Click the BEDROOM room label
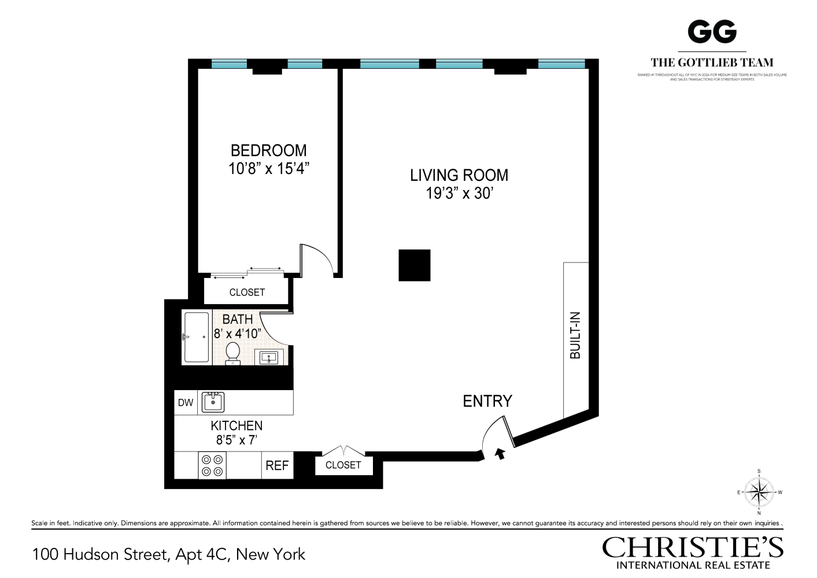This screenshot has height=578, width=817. [x=268, y=151]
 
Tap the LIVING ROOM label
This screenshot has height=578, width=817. [x=459, y=175]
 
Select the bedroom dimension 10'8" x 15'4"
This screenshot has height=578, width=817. [x=269, y=169]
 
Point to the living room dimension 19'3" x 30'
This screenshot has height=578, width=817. [x=459, y=193]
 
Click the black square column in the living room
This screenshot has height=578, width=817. [x=415, y=265]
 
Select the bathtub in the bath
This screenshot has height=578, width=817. [x=196, y=338]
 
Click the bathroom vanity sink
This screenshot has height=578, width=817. [x=269, y=358]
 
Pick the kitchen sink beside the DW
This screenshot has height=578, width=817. [x=213, y=402]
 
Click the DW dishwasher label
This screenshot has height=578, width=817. [x=186, y=403]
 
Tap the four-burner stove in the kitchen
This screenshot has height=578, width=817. [x=212, y=465]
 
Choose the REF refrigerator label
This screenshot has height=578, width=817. [x=277, y=466]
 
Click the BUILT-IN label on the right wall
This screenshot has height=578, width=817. [x=575, y=335]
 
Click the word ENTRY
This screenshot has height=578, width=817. [x=487, y=401]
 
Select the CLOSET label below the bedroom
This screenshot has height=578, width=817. [x=247, y=292]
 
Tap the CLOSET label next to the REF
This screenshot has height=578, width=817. [x=343, y=465]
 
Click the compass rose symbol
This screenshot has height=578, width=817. [x=759, y=492]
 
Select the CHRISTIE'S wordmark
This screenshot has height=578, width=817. [x=693, y=547]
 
